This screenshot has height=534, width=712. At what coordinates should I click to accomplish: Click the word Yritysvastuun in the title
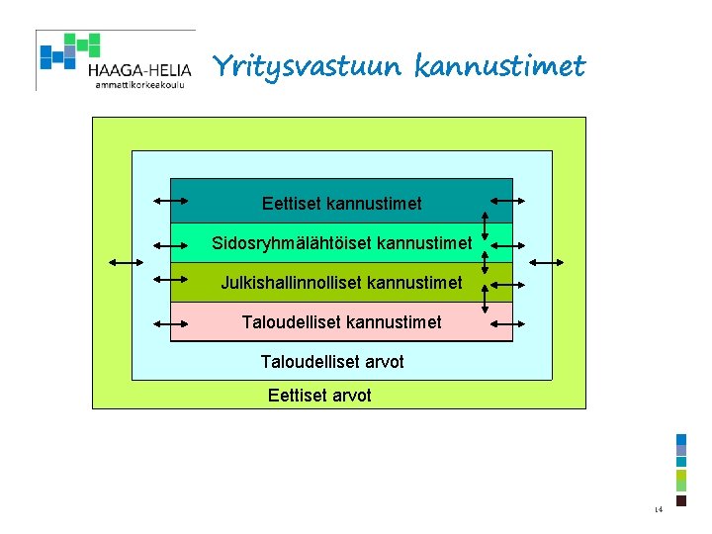307,67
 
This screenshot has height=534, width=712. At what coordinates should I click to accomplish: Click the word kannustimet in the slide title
499,67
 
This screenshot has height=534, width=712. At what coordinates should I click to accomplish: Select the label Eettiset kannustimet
341,204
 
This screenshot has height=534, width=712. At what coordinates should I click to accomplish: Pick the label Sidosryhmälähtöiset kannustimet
341,243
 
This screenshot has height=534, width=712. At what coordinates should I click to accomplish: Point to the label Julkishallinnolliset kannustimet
341,283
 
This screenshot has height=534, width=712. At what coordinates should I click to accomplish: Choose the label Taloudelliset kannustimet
341,322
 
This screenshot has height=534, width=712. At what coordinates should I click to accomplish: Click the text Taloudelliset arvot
332,362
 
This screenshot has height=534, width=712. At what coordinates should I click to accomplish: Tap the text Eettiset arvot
319,396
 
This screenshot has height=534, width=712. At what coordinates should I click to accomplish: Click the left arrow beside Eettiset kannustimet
171,202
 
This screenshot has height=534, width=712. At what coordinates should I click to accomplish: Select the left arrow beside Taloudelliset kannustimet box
171,322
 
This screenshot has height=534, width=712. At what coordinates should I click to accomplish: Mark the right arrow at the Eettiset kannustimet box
513,201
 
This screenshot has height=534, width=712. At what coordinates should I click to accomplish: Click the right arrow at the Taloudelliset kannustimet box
513,321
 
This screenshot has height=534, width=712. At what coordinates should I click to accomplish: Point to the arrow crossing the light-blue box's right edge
548,262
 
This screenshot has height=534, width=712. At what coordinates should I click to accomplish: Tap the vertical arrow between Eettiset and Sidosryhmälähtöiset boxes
486,223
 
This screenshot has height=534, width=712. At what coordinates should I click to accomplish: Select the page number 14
658,510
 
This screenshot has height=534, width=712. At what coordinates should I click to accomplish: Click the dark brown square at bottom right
681,500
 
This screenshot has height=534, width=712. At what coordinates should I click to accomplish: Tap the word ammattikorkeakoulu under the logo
139,85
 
